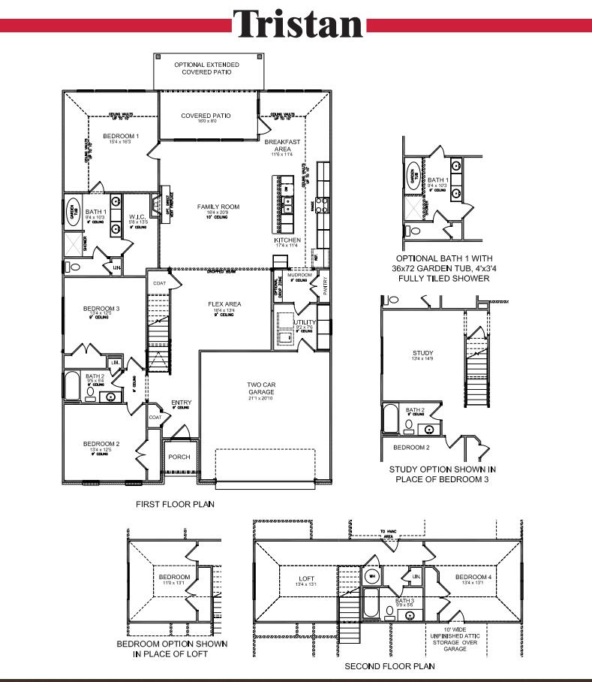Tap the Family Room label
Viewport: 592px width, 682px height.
218,207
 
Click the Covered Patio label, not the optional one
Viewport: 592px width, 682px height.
206,116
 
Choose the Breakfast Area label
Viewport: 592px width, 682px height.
282,146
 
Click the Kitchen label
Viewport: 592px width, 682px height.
287,240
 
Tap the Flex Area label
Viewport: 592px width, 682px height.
224,304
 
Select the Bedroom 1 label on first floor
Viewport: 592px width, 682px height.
120,136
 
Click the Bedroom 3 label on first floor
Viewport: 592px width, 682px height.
101,309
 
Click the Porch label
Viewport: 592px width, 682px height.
179,457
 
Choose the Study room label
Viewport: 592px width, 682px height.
423,353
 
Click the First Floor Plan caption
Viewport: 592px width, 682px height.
175,504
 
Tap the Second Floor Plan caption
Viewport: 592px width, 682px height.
389,666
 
